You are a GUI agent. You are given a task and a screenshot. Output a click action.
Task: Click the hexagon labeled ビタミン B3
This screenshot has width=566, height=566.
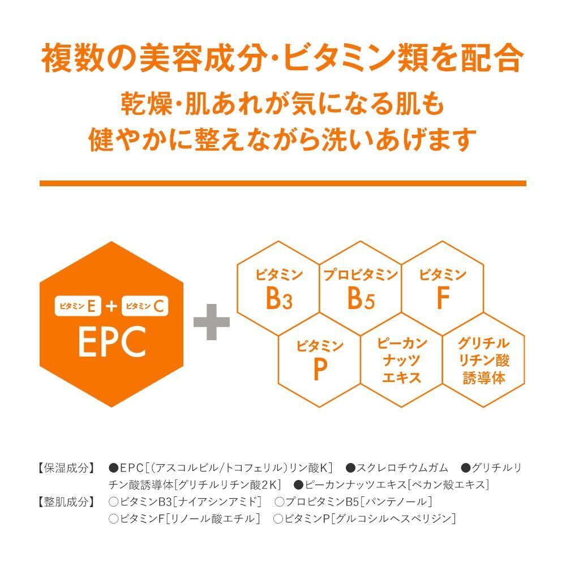278,289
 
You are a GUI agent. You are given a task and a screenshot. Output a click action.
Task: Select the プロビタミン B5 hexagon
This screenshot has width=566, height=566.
361,289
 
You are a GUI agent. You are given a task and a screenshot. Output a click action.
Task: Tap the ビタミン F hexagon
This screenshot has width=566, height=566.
443,289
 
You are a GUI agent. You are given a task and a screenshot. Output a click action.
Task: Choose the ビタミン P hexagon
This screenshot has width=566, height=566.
320,359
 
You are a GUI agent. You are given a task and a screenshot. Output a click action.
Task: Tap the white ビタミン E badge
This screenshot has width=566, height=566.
78,306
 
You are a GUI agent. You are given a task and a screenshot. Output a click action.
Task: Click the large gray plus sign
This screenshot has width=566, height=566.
212,322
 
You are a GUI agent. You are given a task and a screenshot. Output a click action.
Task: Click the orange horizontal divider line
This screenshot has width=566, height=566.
283,183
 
